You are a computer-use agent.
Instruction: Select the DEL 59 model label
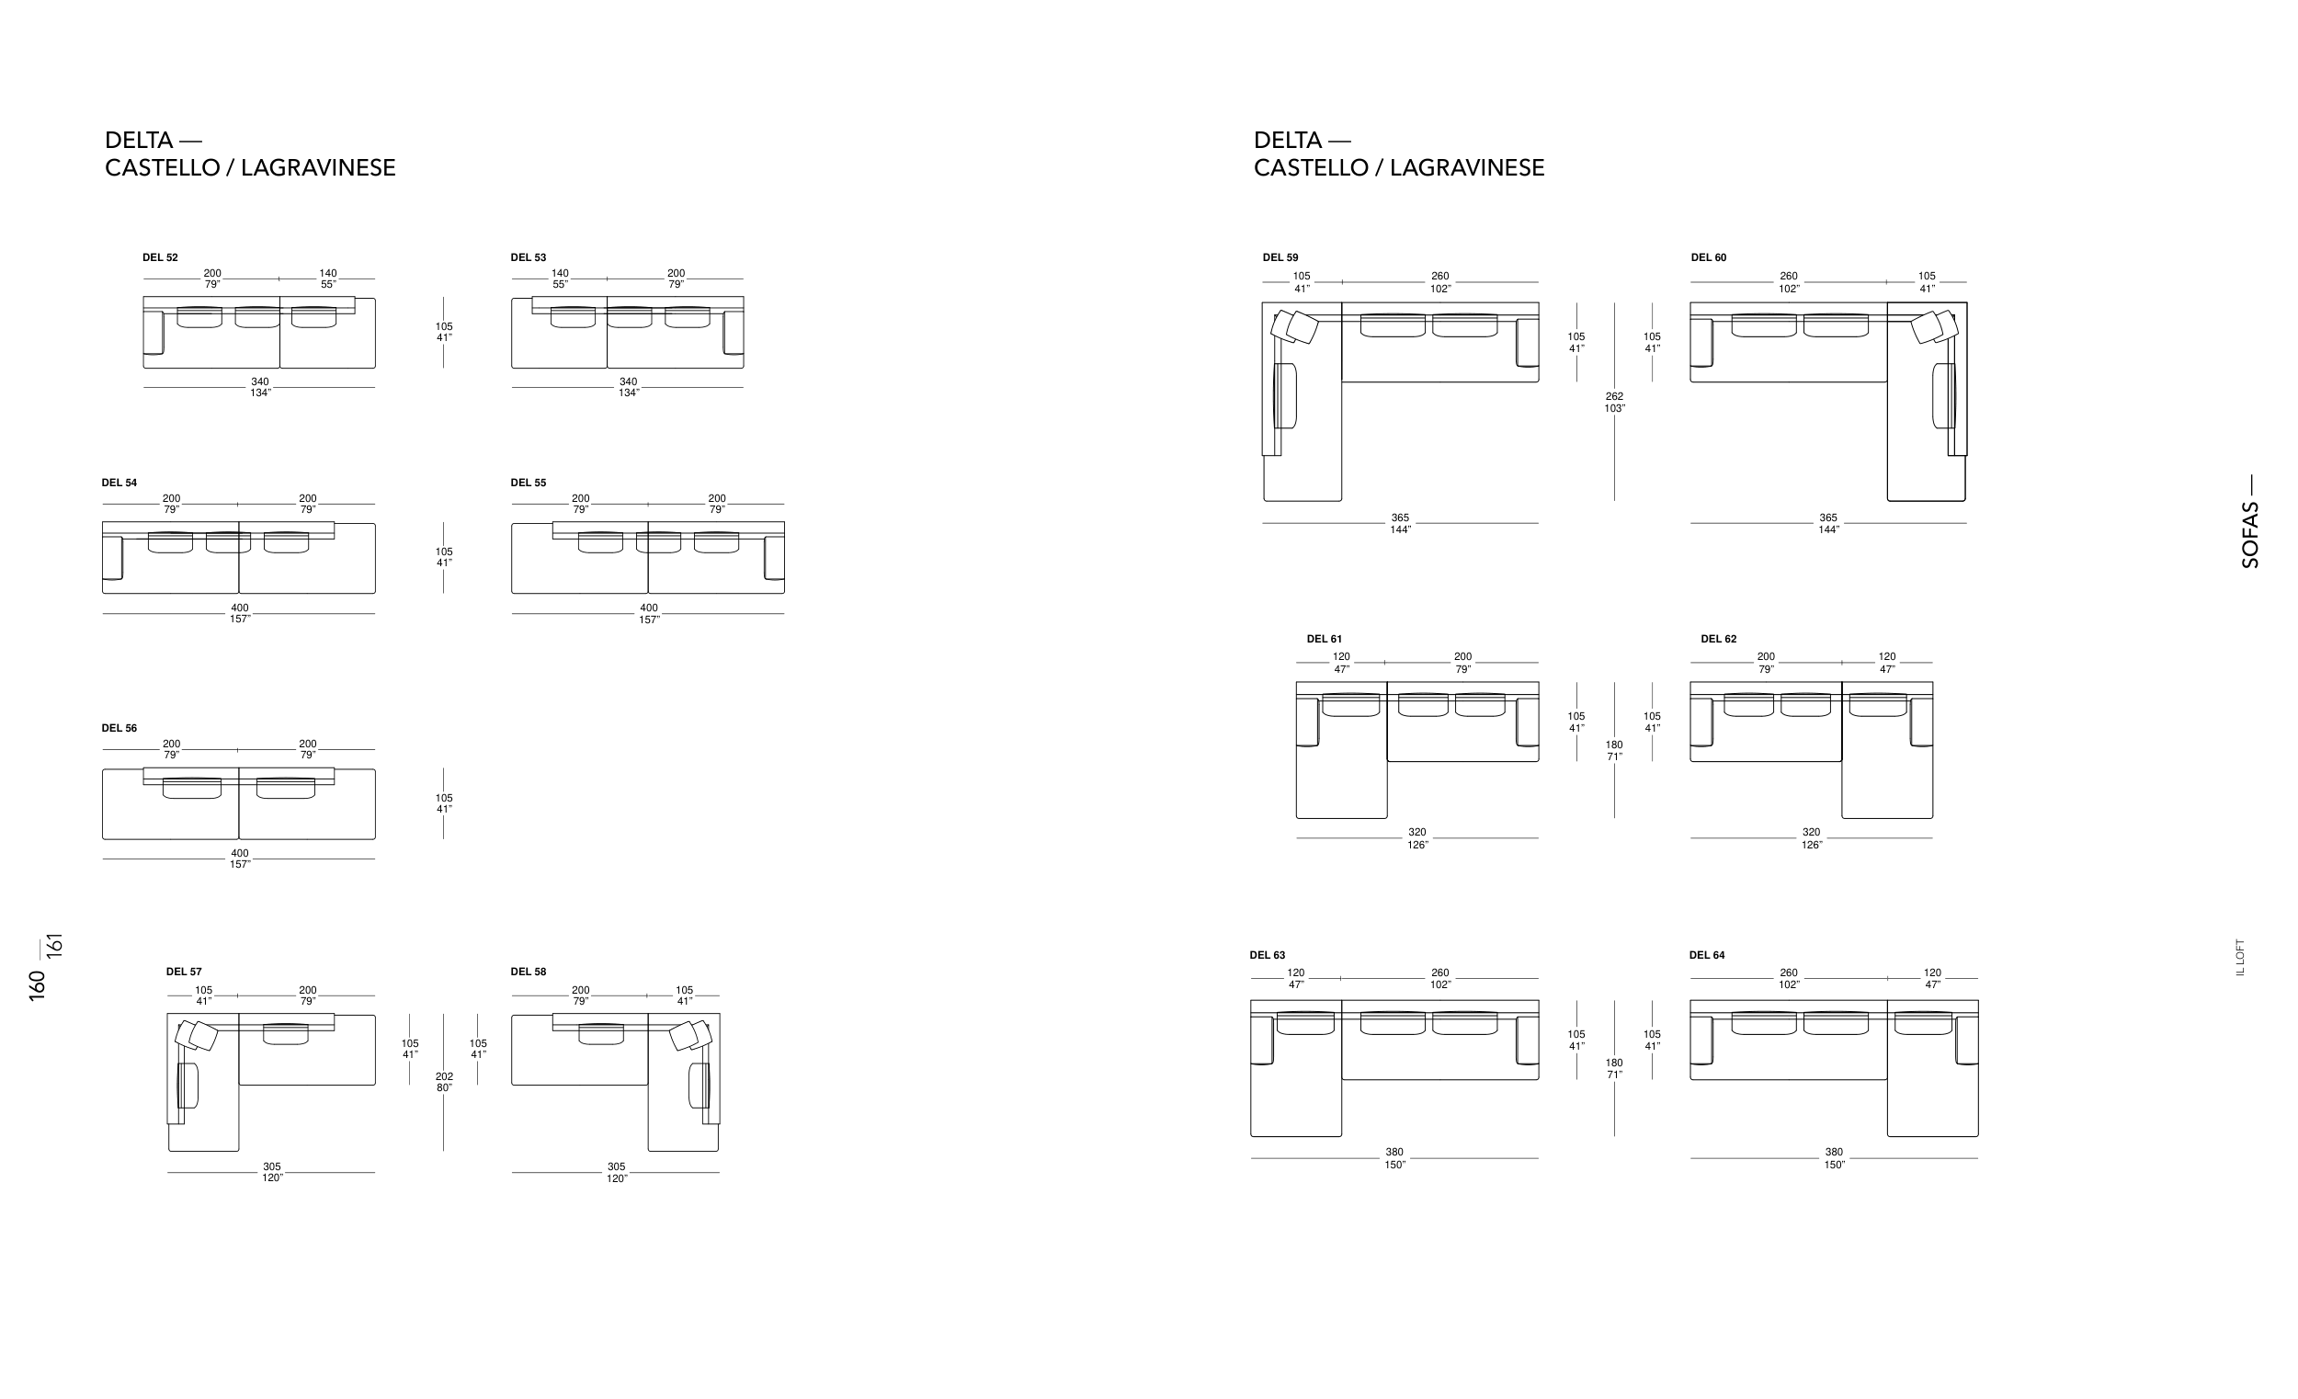(x=1280, y=257)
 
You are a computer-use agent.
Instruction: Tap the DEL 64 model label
(x=1707, y=955)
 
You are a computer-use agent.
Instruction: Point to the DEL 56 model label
(x=119, y=728)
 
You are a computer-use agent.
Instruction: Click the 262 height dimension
(x=1614, y=402)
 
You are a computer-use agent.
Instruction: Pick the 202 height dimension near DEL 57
(x=444, y=1082)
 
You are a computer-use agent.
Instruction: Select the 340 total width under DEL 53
(x=629, y=387)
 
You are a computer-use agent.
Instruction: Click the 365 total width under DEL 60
(x=1828, y=523)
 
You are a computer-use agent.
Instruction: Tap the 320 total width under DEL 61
(x=1417, y=838)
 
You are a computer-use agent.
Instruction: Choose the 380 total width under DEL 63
(x=1394, y=1157)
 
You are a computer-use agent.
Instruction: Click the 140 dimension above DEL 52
(x=327, y=279)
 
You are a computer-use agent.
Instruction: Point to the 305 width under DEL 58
(x=617, y=1172)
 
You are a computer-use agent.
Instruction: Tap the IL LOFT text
(x=2240, y=958)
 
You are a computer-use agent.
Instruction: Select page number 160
(x=38, y=986)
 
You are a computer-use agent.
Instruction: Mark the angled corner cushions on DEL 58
(x=690, y=1035)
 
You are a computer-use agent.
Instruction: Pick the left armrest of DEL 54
(x=113, y=558)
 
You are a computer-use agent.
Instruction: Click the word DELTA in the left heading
(x=139, y=141)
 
